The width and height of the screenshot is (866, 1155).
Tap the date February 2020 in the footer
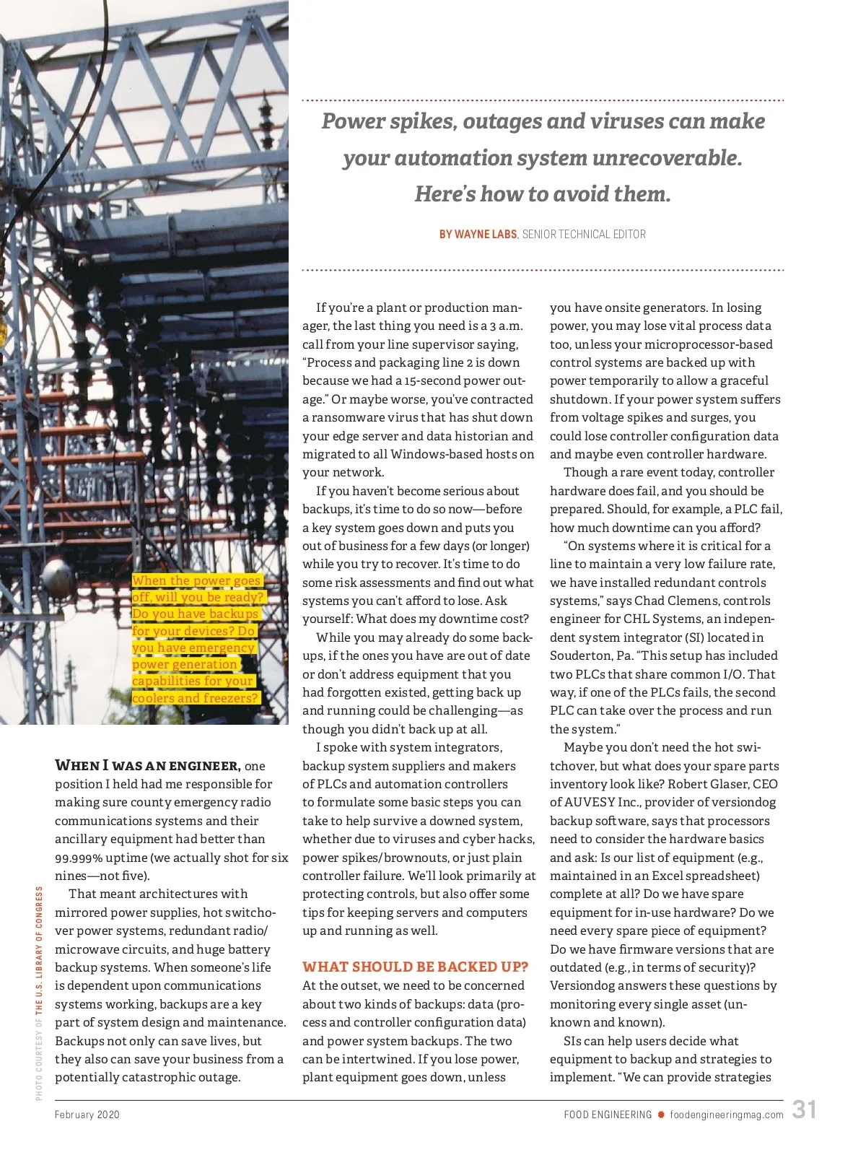pyautogui.click(x=87, y=1115)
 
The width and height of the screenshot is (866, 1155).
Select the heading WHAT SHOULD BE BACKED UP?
pyautogui.click(x=415, y=967)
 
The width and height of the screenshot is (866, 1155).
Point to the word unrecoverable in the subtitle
pyautogui.click(x=667, y=157)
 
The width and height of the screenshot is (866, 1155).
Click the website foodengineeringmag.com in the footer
pyautogui.click(x=726, y=1115)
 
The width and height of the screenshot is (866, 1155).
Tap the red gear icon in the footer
pyautogui.click(x=660, y=1115)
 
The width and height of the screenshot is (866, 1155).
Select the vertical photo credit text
pyautogui.click(x=39, y=993)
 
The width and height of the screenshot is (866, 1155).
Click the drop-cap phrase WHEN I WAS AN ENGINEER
pyautogui.click(x=148, y=765)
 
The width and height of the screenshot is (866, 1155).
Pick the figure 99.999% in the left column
pyautogui.click(x=79, y=858)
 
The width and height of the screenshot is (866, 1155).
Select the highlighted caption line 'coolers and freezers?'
pyautogui.click(x=195, y=698)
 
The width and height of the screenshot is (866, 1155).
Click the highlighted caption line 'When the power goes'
pyautogui.click(x=196, y=580)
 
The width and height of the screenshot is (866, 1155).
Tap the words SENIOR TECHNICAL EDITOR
pyautogui.click(x=584, y=234)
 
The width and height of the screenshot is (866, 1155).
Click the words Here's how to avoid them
pyautogui.click(x=543, y=193)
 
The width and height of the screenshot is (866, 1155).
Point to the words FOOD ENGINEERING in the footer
pyautogui.click(x=608, y=1115)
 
